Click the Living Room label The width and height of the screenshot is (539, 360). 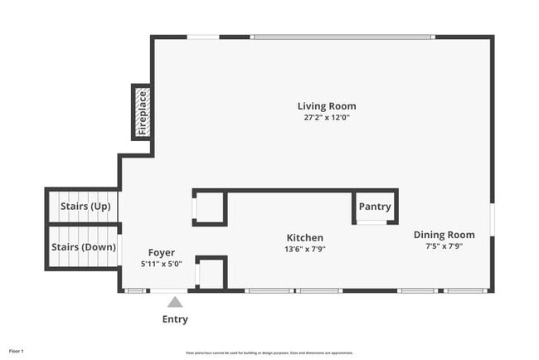tap(327, 106)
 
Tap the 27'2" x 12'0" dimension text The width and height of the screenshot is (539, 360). tap(327, 118)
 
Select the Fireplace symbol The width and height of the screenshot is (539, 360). tap(142, 111)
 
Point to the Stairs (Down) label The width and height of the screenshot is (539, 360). tap(84, 246)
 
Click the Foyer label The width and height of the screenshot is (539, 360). tap(161, 252)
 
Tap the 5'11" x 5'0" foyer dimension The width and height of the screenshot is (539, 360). tap(161, 264)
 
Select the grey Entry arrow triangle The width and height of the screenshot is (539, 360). tap(175, 302)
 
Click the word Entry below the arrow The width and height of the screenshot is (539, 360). tap(175, 319)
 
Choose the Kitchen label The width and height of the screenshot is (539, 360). tap(305, 237)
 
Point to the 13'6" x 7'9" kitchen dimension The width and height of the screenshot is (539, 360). tap(305, 249)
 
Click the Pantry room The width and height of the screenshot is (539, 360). tap(373, 207)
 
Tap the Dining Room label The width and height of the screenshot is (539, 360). tap(444, 235)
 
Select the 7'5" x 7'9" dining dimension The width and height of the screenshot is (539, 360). tap(444, 246)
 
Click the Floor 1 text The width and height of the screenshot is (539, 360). tap(17, 352)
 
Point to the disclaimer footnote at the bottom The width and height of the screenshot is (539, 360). tap(269, 353)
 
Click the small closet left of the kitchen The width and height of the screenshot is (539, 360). tap(209, 207)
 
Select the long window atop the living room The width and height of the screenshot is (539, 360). tap(342, 36)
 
